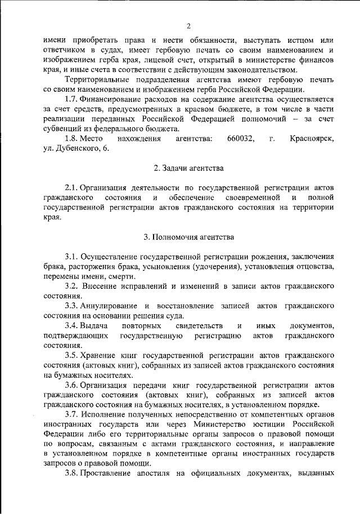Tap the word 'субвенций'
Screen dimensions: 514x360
pyautogui.click(x=64, y=128)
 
